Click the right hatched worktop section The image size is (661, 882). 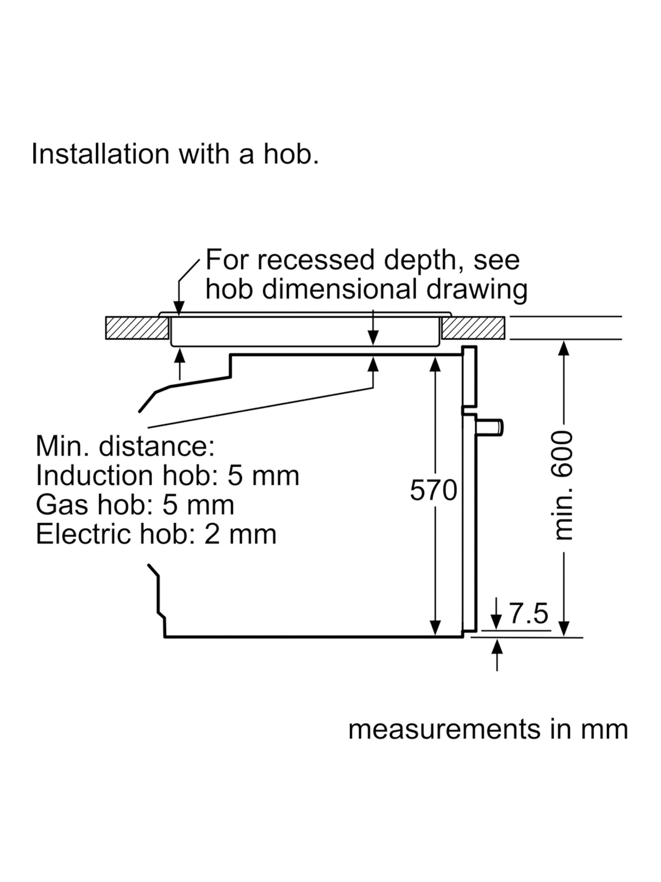[473, 328]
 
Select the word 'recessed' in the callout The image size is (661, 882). [316, 260]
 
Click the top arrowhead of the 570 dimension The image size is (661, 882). [435, 363]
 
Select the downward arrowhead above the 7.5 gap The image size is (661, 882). [496, 622]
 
